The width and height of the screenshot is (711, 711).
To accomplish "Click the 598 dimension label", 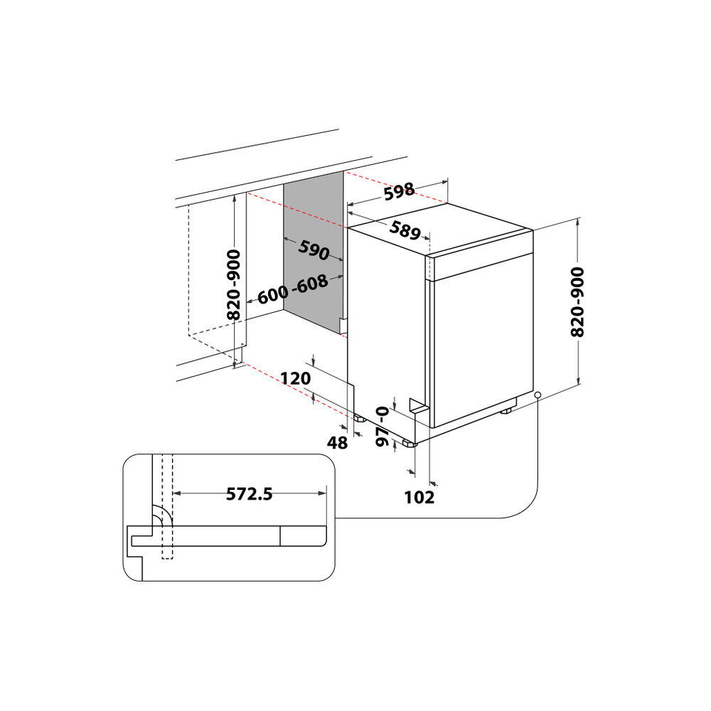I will pyautogui.click(x=399, y=192).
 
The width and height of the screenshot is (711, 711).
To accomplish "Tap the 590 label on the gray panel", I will pyautogui.click(x=313, y=250).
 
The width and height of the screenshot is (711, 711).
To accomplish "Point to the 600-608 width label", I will pyautogui.click(x=292, y=289).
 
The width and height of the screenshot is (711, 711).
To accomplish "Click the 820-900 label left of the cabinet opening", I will pyautogui.click(x=233, y=284).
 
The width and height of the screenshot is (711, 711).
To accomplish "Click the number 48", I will pyautogui.click(x=337, y=442).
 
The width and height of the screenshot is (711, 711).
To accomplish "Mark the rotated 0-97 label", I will pyautogui.click(x=383, y=427).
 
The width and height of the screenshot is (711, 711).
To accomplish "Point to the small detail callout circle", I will pyautogui.click(x=538, y=395).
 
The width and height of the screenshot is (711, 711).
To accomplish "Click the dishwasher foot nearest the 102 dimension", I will pyautogui.click(x=409, y=444).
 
